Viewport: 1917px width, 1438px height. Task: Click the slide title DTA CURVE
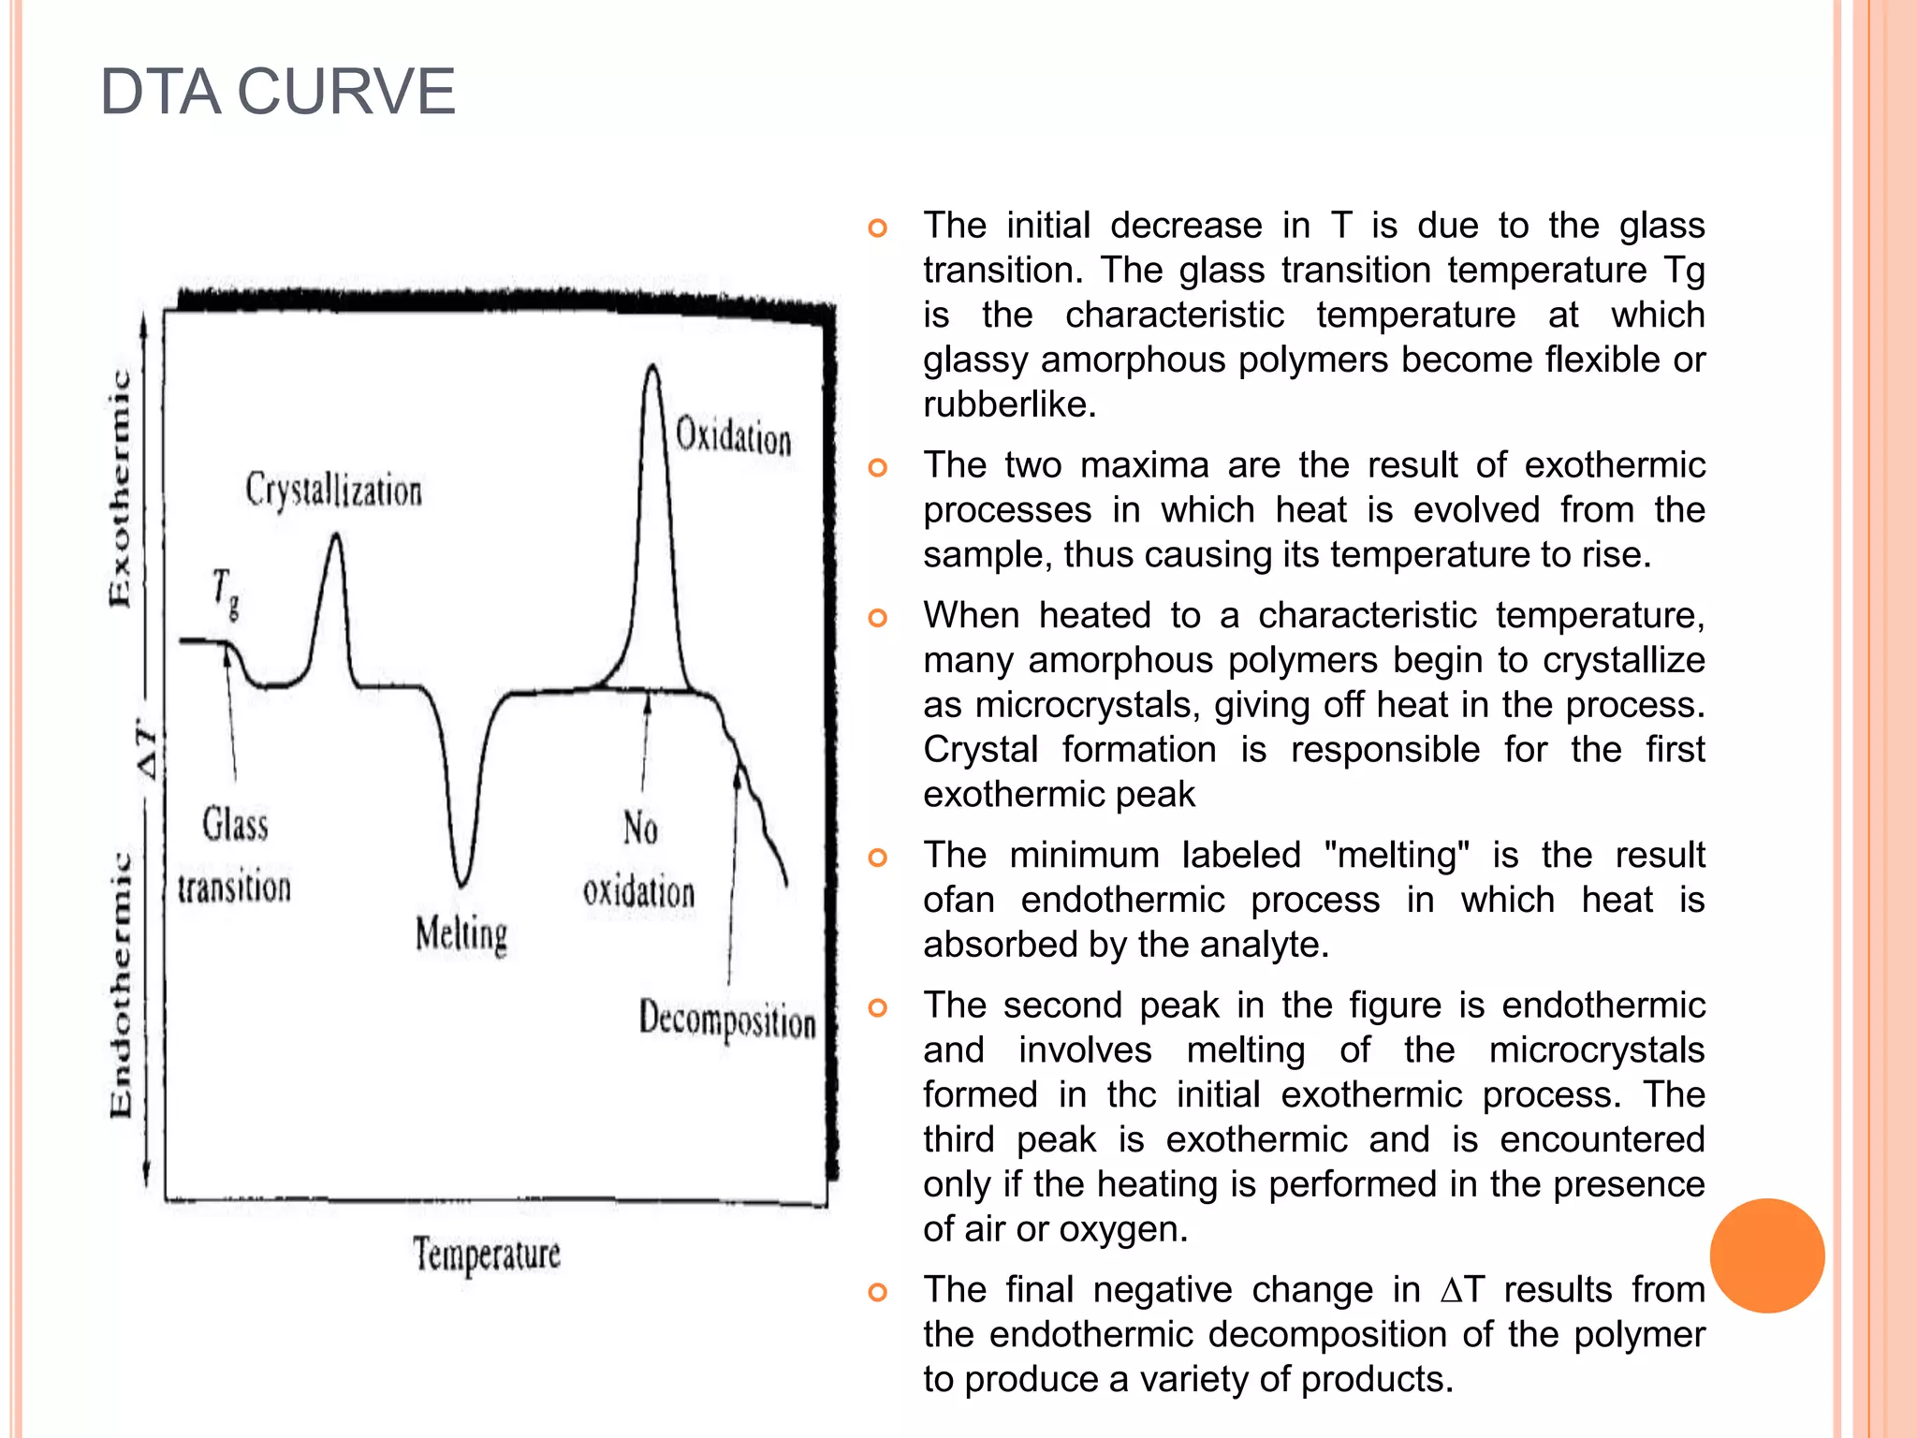pos(277,92)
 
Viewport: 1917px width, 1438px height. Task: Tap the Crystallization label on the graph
pos(333,491)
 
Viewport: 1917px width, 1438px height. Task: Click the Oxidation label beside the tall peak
pos(733,436)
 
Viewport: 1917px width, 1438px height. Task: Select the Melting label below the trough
pos(461,934)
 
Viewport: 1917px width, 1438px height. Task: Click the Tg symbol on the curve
pos(225,593)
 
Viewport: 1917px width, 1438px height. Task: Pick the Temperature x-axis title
pos(487,1255)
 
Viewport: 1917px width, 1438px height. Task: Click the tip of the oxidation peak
pos(652,367)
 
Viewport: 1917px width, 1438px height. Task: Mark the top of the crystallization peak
pos(335,536)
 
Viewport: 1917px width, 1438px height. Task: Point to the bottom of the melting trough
pos(461,882)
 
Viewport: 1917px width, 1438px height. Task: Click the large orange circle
pos(1766,1255)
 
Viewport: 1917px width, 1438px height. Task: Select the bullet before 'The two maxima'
pos(877,467)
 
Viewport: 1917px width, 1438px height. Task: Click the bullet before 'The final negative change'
pos(877,1292)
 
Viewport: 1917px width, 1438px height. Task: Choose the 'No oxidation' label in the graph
pos(639,859)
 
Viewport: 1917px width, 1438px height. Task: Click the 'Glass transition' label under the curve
pos(234,856)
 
